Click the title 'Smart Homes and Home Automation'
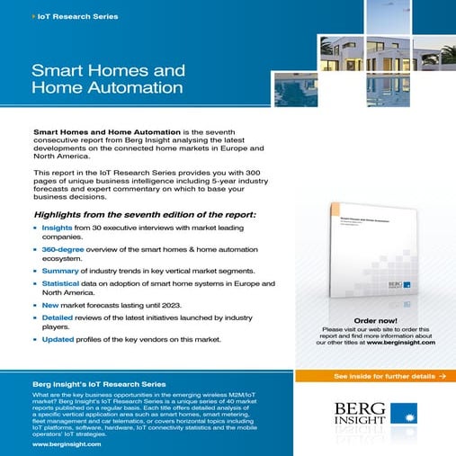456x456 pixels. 108,78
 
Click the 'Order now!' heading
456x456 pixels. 376,320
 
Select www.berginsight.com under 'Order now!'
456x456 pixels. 400,343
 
